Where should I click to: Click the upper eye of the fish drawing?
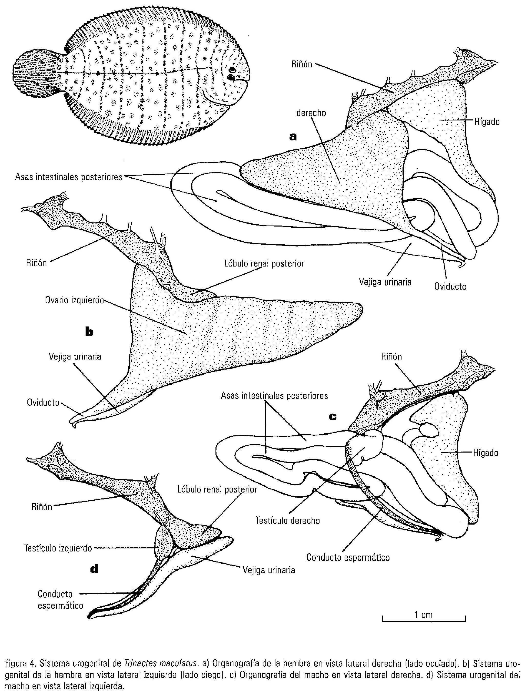pos(232,69)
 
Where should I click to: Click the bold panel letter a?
pos(293,137)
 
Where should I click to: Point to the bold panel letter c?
pos(333,417)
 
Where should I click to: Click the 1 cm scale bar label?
pos(423,615)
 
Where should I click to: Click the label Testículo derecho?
pos(287,521)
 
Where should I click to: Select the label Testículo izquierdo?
pos(58,548)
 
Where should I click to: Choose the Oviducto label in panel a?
pos(450,286)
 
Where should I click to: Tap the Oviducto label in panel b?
pos(43,402)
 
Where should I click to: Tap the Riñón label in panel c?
pos(391,356)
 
